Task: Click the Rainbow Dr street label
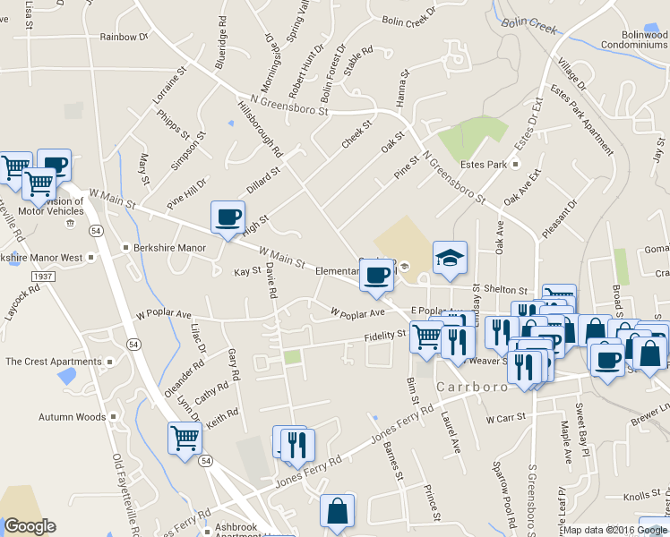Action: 124,37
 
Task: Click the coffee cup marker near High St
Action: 228,217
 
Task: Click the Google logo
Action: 30,526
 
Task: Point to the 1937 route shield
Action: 42,277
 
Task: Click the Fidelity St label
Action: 385,337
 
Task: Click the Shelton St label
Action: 507,290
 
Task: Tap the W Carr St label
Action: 502,418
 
